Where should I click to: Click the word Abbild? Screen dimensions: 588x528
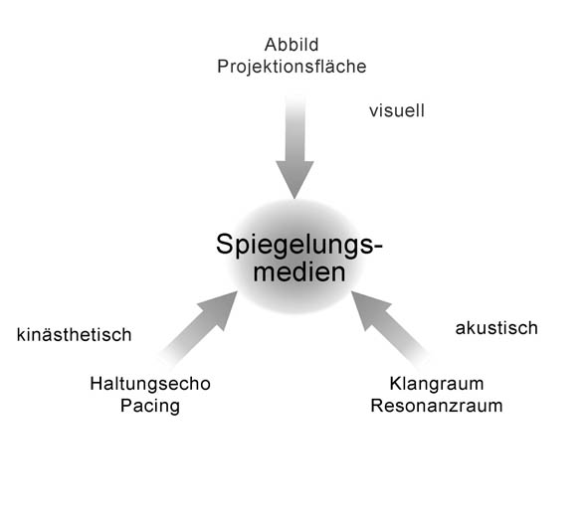[292, 45]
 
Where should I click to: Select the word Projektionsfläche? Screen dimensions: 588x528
[292, 67]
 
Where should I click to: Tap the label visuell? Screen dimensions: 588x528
[397, 110]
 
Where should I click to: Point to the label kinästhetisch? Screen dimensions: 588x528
[75, 335]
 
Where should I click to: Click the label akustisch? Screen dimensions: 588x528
[496, 328]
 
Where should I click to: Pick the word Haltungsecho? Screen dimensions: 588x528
[150, 384]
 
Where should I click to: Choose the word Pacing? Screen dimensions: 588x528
[150, 407]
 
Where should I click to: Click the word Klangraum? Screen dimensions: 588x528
[437, 384]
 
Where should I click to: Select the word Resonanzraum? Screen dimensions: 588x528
[437, 406]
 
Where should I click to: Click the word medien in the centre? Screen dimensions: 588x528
[298, 271]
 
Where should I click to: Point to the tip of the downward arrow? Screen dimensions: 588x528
[294, 198]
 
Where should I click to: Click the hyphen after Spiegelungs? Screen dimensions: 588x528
[378, 248]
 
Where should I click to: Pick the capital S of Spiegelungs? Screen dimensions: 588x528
[224, 244]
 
